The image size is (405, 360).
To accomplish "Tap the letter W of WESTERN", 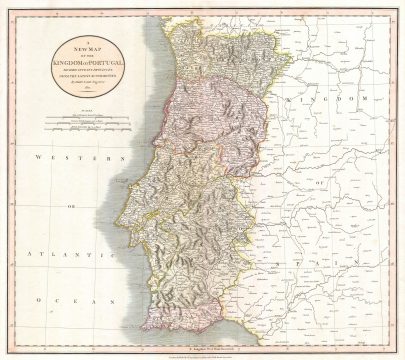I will click(37, 158).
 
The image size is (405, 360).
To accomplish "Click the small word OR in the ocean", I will click(72, 208).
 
